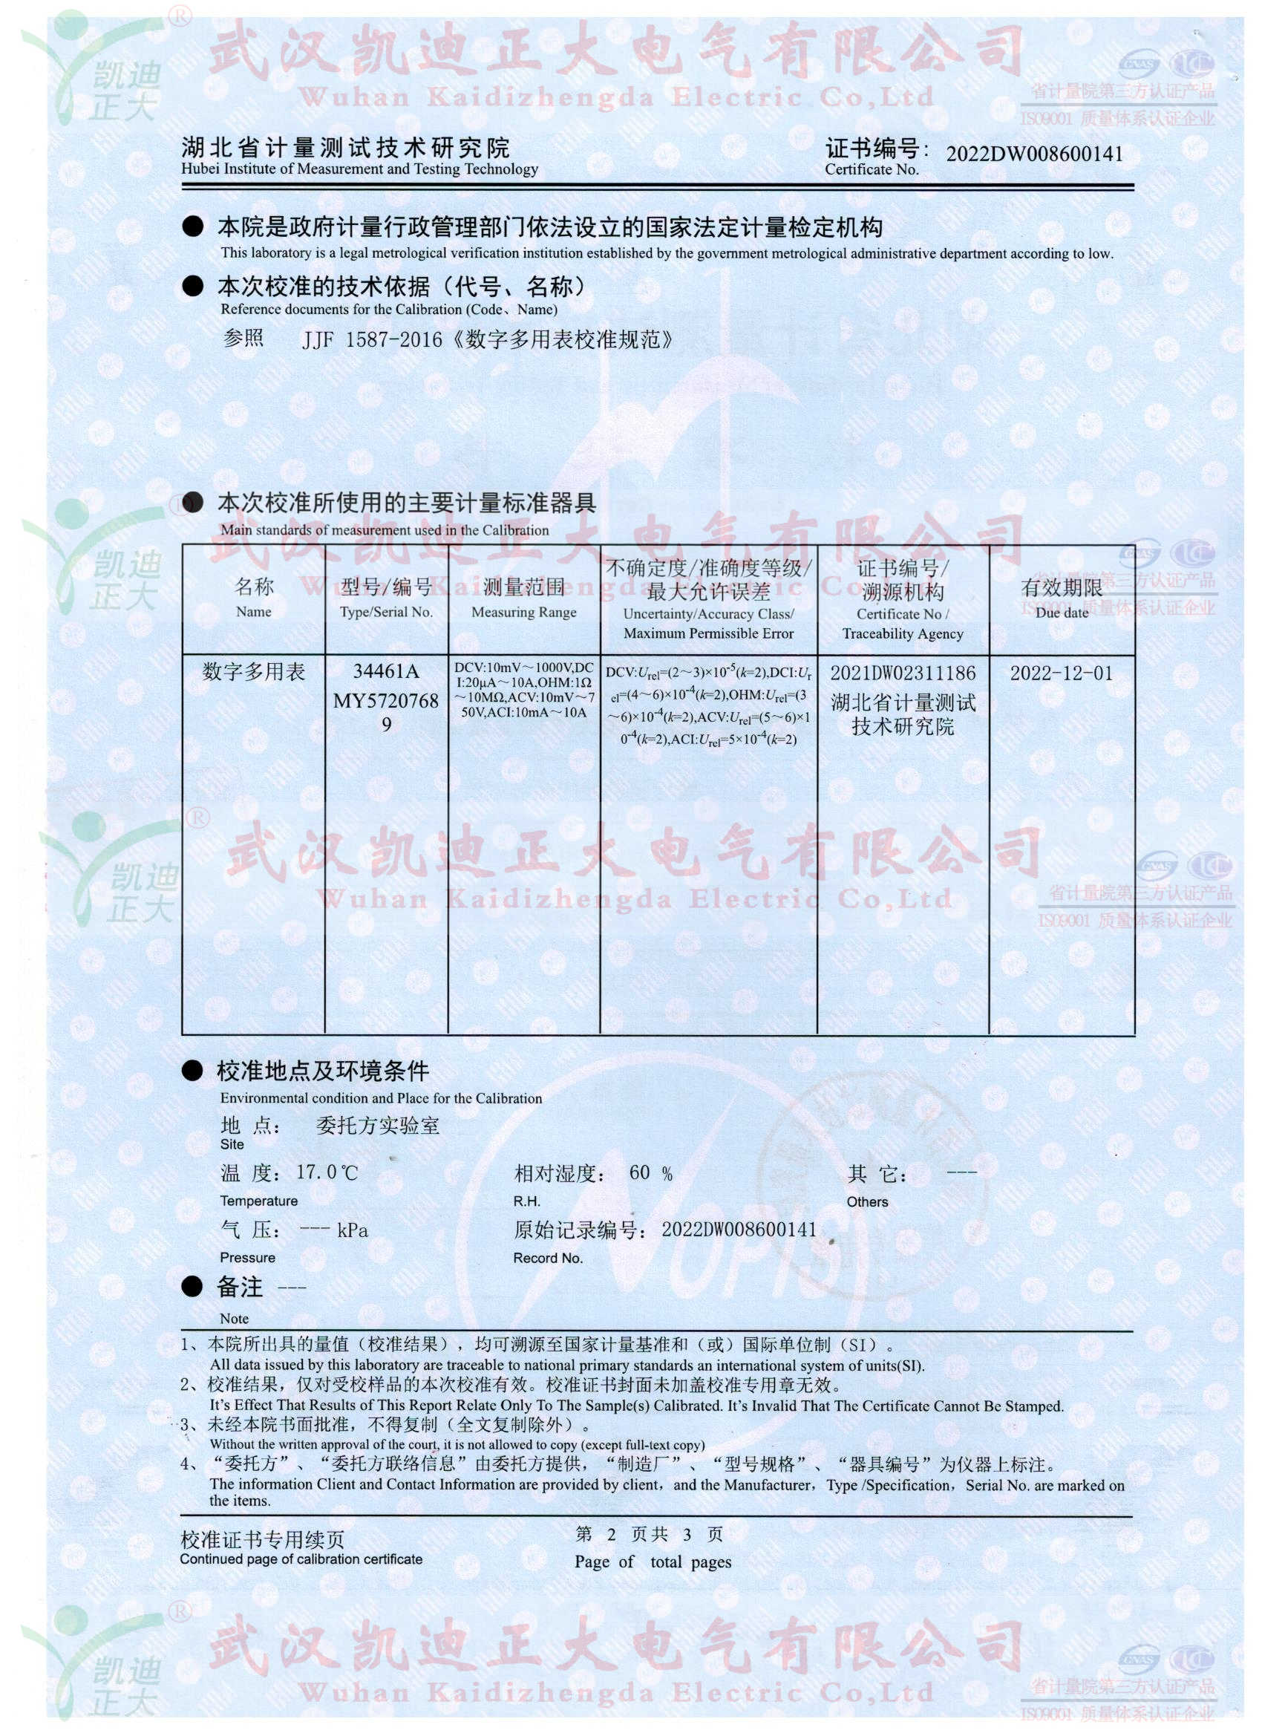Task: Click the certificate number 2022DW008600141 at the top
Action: [1034, 154]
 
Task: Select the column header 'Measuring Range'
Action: [523, 613]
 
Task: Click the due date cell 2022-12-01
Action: [1061, 673]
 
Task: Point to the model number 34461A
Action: [386, 672]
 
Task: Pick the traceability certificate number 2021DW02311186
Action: [903, 673]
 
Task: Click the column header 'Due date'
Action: [1062, 613]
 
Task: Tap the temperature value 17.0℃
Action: [327, 1172]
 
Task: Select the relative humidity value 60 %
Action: [650, 1172]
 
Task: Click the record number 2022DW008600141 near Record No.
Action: [739, 1230]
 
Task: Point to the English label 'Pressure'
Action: [247, 1258]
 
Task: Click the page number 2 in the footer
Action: [611, 1534]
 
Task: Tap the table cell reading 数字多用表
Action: [253, 672]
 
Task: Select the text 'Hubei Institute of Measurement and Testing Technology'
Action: [360, 169]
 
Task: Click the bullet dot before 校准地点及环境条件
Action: [192, 1071]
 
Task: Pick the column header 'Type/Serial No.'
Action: [386, 613]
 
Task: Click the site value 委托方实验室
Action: [377, 1126]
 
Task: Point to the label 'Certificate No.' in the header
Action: [872, 170]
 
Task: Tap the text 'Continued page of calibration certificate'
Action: [301, 1559]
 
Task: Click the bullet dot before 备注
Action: [192, 1288]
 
